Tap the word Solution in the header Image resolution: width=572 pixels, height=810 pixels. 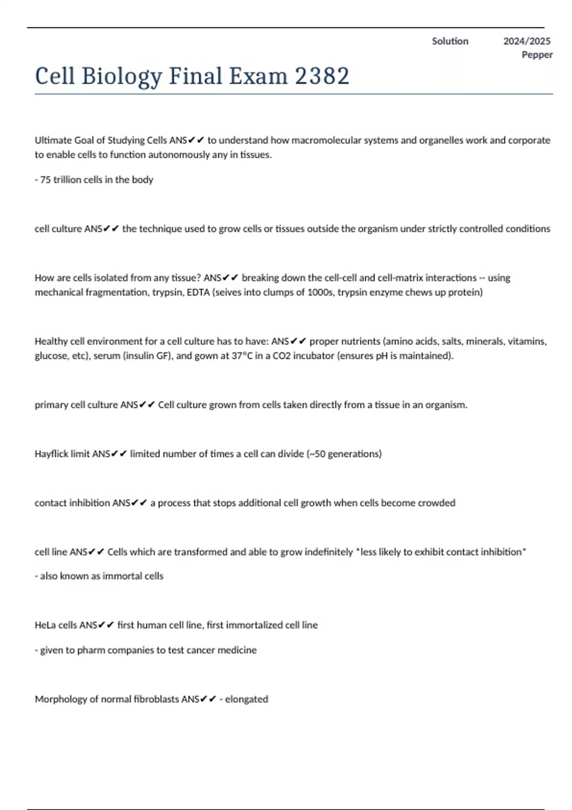tap(450, 41)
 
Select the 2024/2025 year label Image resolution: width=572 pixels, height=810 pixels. tap(527, 41)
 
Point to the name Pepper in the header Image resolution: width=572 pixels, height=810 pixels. tap(537, 55)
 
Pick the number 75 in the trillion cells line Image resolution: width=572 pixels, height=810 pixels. tap(46, 180)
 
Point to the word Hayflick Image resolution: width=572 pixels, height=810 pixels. tap(51, 454)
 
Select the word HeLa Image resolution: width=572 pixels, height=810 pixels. tap(45, 625)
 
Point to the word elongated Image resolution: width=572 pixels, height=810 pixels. tap(246, 699)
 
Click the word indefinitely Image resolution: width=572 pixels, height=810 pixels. tap(328, 552)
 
